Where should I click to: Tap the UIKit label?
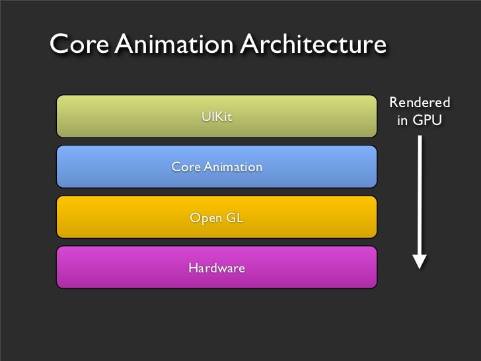click(217, 118)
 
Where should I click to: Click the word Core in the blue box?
click(186, 167)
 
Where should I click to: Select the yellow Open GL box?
click(119, 217)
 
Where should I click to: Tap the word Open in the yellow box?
click(206, 218)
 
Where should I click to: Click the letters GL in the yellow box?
click(235, 218)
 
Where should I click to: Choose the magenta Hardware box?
click(119, 268)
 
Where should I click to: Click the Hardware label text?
click(217, 268)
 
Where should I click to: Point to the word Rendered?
click(420, 103)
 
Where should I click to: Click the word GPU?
click(427, 121)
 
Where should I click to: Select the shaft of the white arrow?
click(420, 192)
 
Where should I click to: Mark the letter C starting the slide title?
click(60, 45)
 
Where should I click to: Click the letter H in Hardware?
click(193, 268)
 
